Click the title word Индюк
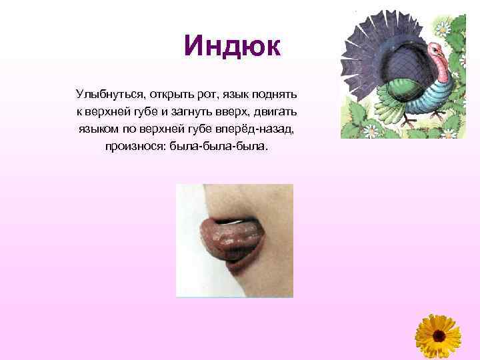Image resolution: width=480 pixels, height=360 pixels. point(233,46)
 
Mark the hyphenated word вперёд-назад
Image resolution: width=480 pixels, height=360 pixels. point(262,127)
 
